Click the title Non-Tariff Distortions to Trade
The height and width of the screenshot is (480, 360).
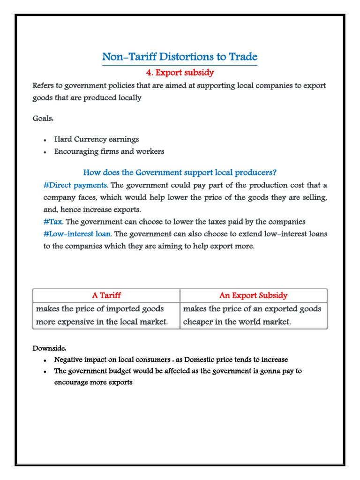pyautogui.click(x=180, y=57)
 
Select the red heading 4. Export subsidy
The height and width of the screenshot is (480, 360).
pyautogui.click(x=180, y=73)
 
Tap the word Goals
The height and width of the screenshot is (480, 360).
pyautogui.click(x=43, y=118)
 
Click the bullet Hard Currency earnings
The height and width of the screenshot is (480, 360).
pyautogui.click(x=96, y=140)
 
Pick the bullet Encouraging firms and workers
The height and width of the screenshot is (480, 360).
pyautogui.click(x=109, y=151)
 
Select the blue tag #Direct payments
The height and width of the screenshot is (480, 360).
pyautogui.click(x=75, y=185)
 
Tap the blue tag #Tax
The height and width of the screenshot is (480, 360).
pyautogui.click(x=52, y=222)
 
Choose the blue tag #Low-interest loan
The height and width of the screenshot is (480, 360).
pyautogui.click(x=77, y=234)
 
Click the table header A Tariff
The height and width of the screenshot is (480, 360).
pyautogui.click(x=106, y=295)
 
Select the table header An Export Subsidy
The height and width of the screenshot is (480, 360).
pyautogui.click(x=253, y=295)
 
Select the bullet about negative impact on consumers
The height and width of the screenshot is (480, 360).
pyautogui.click(x=171, y=360)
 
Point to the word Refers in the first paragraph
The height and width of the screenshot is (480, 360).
pyautogui.click(x=44, y=86)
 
